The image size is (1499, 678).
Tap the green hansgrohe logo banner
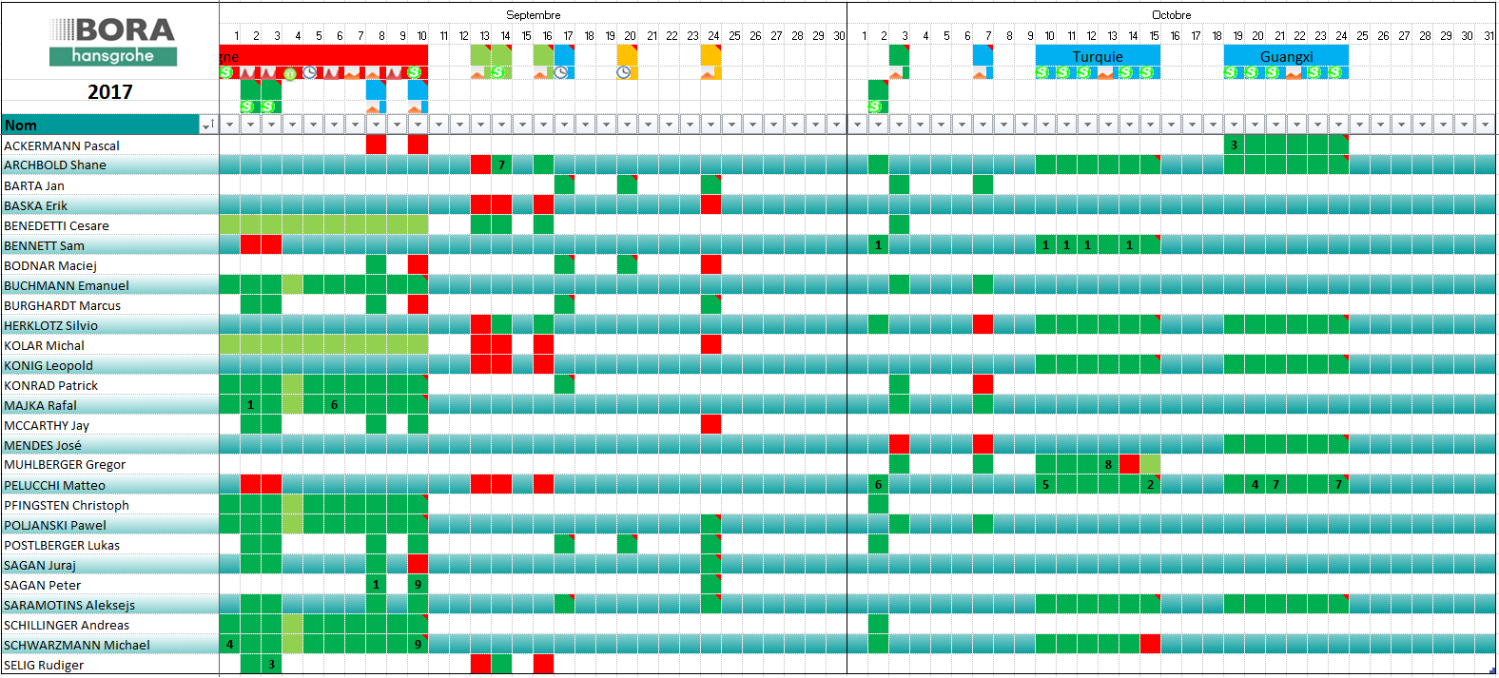pos(113,56)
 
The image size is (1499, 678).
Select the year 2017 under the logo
pos(110,92)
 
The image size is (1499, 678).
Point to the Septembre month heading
pos(533,15)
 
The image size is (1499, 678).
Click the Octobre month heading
pos(1171,15)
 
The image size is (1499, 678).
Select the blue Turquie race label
pos(1098,57)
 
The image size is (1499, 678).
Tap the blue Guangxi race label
pos(1286,57)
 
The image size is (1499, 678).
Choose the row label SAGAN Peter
pos(43,585)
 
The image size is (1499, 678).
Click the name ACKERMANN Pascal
pos(62,145)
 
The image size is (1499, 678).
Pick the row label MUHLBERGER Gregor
pos(65,464)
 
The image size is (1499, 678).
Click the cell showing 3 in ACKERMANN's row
pos(1234,145)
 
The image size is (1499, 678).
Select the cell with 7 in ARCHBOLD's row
pos(501,165)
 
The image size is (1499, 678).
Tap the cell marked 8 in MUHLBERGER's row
pos(1108,464)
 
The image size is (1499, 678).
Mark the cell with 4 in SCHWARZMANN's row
pos(229,644)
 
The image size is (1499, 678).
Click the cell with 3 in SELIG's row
pos(271,664)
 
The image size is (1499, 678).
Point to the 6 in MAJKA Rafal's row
pos(334,404)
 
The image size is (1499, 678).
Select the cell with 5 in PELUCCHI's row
pos(1045,484)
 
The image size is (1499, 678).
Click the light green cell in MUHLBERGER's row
pos(1150,464)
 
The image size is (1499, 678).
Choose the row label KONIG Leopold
pos(49,365)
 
